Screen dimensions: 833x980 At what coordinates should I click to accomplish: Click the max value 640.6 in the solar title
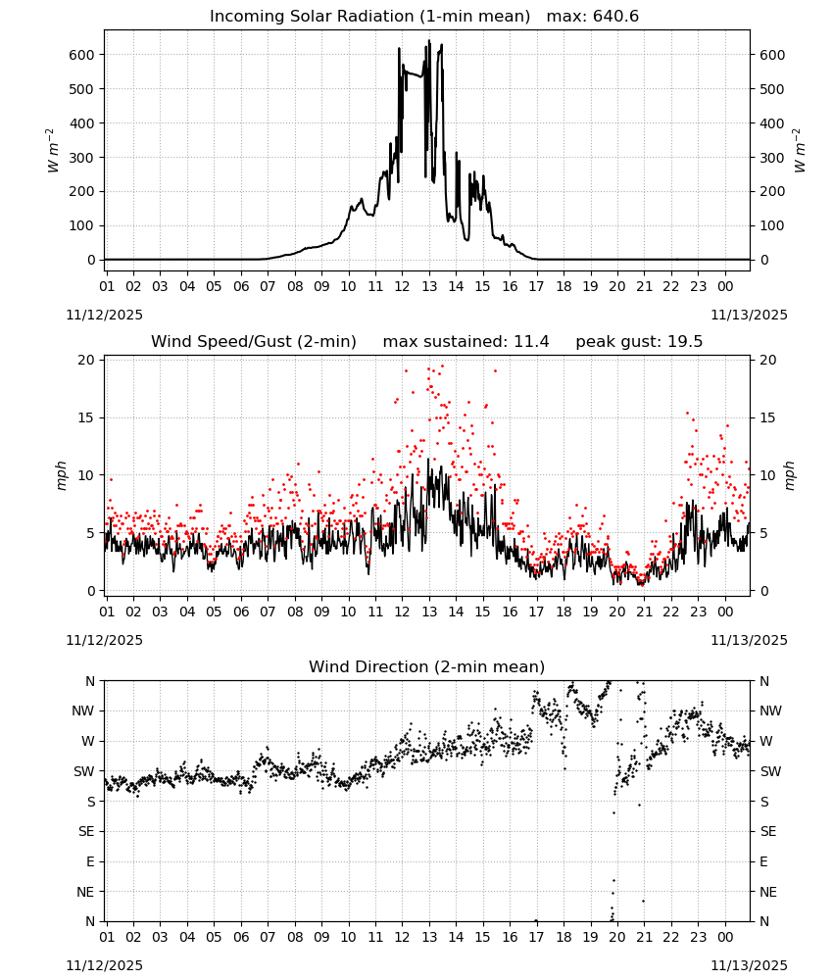click(x=615, y=17)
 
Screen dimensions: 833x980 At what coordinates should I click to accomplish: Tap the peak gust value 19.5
click(x=682, y=342)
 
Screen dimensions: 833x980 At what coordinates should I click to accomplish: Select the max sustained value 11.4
click(x=531, y=342)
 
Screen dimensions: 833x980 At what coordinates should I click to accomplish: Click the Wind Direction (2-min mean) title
click(x=427, y=666)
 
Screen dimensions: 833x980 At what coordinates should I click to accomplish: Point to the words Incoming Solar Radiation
click(x=312, y=17)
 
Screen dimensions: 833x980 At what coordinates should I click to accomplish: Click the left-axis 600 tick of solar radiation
click(x=82, y=55)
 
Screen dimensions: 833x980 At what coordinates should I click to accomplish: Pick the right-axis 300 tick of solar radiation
click(x=772, y=158)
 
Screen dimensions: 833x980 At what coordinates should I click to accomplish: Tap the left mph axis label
click(x=61, y=475)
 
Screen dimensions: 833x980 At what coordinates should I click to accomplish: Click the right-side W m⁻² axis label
click(x=800, y=151)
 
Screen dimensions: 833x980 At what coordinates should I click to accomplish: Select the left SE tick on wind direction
click(x=86, y=831)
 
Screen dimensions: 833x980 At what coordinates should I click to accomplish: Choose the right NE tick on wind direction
click(x=768, y=892)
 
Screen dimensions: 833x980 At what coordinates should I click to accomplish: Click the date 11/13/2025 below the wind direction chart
click(x=749, y=965)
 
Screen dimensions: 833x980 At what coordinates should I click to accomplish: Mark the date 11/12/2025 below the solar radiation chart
click(x=104, y=315)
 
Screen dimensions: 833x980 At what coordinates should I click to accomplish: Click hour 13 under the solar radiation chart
click(x=429, y=286)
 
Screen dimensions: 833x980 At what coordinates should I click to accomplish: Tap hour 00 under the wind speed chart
click(x=725, y=612)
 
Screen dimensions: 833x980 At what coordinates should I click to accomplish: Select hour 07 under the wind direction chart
click(x=268, y=937)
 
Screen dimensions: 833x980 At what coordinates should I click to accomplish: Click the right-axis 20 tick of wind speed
click(x=768, y=360)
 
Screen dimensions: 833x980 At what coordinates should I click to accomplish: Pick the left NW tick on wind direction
click(x=83, y=710)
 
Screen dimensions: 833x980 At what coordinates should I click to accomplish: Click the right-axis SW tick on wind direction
click(x=770, y=771)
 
